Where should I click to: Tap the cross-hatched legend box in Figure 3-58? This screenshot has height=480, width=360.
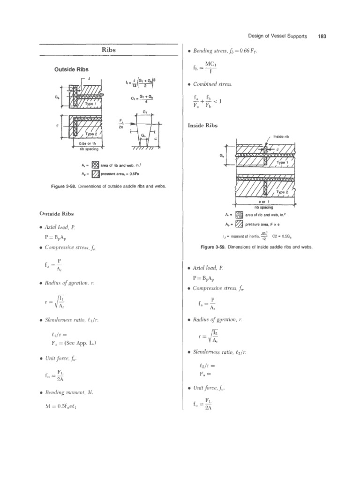pyautogui.click(x=95, y=165)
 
